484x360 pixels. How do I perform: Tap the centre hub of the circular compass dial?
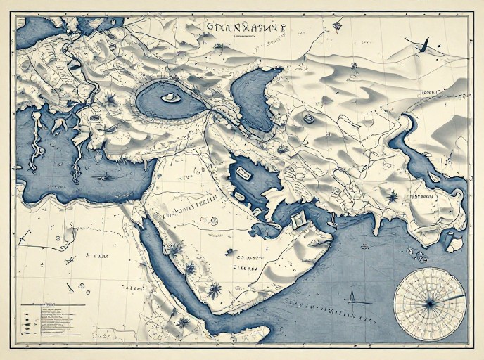tap(428, 303)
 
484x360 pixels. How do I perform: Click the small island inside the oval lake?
tap(169, 98)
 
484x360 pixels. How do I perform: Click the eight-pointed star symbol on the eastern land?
tap(393, 195)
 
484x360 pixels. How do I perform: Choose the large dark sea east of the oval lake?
tap(253, 98)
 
